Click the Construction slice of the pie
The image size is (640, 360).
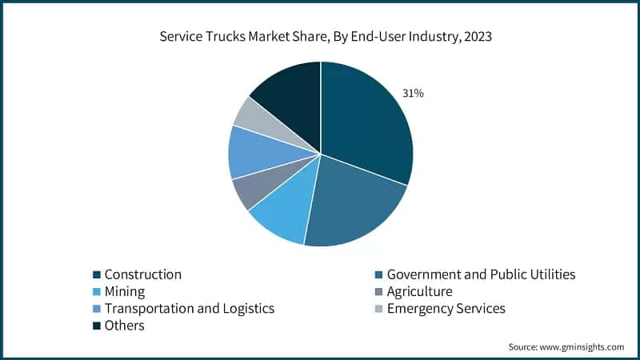coord(364,120)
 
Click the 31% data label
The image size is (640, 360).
coord(413,94)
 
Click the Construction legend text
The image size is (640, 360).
coord(143,274)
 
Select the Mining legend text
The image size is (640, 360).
coord(125,291)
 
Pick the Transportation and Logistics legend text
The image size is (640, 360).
coord(190,308)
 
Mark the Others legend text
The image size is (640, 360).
coord(125,325)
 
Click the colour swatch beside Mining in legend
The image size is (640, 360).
coord(96,292)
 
